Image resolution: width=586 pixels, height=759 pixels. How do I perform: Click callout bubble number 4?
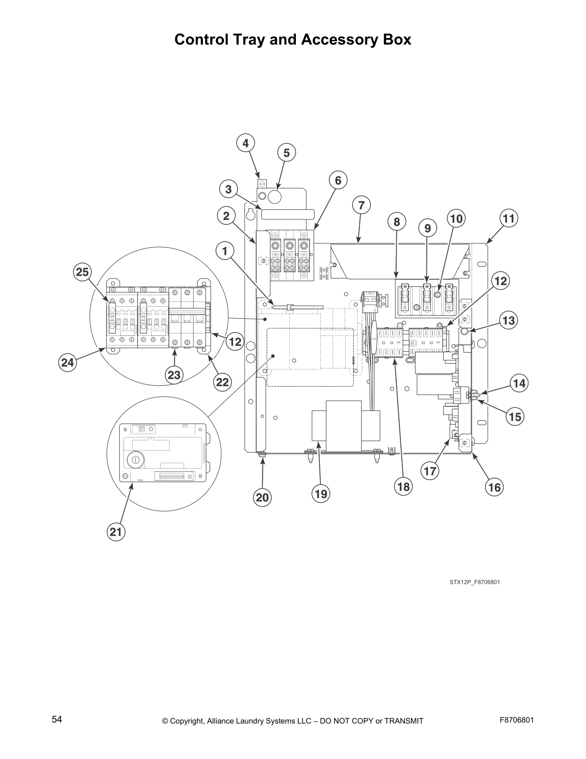point(246,143)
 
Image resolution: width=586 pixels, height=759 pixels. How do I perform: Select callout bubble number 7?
point(361,206)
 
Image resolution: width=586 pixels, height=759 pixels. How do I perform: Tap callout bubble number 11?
point(508,218)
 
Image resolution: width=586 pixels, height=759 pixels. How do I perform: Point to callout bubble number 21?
point(116,531)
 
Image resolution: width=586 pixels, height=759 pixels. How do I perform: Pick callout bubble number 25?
point(82,272)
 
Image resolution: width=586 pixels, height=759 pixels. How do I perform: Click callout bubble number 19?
point(321,493)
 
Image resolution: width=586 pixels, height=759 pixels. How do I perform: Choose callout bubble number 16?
point(494,487)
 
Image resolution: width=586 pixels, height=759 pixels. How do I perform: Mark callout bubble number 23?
point(174,375)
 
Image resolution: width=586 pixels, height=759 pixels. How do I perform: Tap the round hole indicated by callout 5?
point(274,196)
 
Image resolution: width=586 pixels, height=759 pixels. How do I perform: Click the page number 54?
point(57,719)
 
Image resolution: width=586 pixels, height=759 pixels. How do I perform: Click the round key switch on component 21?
point(135,460)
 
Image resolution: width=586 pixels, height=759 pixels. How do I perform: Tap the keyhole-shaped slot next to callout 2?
point(250,212)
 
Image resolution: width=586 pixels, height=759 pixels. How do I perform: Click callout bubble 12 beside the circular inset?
point(235,342)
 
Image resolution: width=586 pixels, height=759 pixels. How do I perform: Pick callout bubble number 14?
point(519,383)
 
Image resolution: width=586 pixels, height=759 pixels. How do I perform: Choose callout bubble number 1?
point(225,250)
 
